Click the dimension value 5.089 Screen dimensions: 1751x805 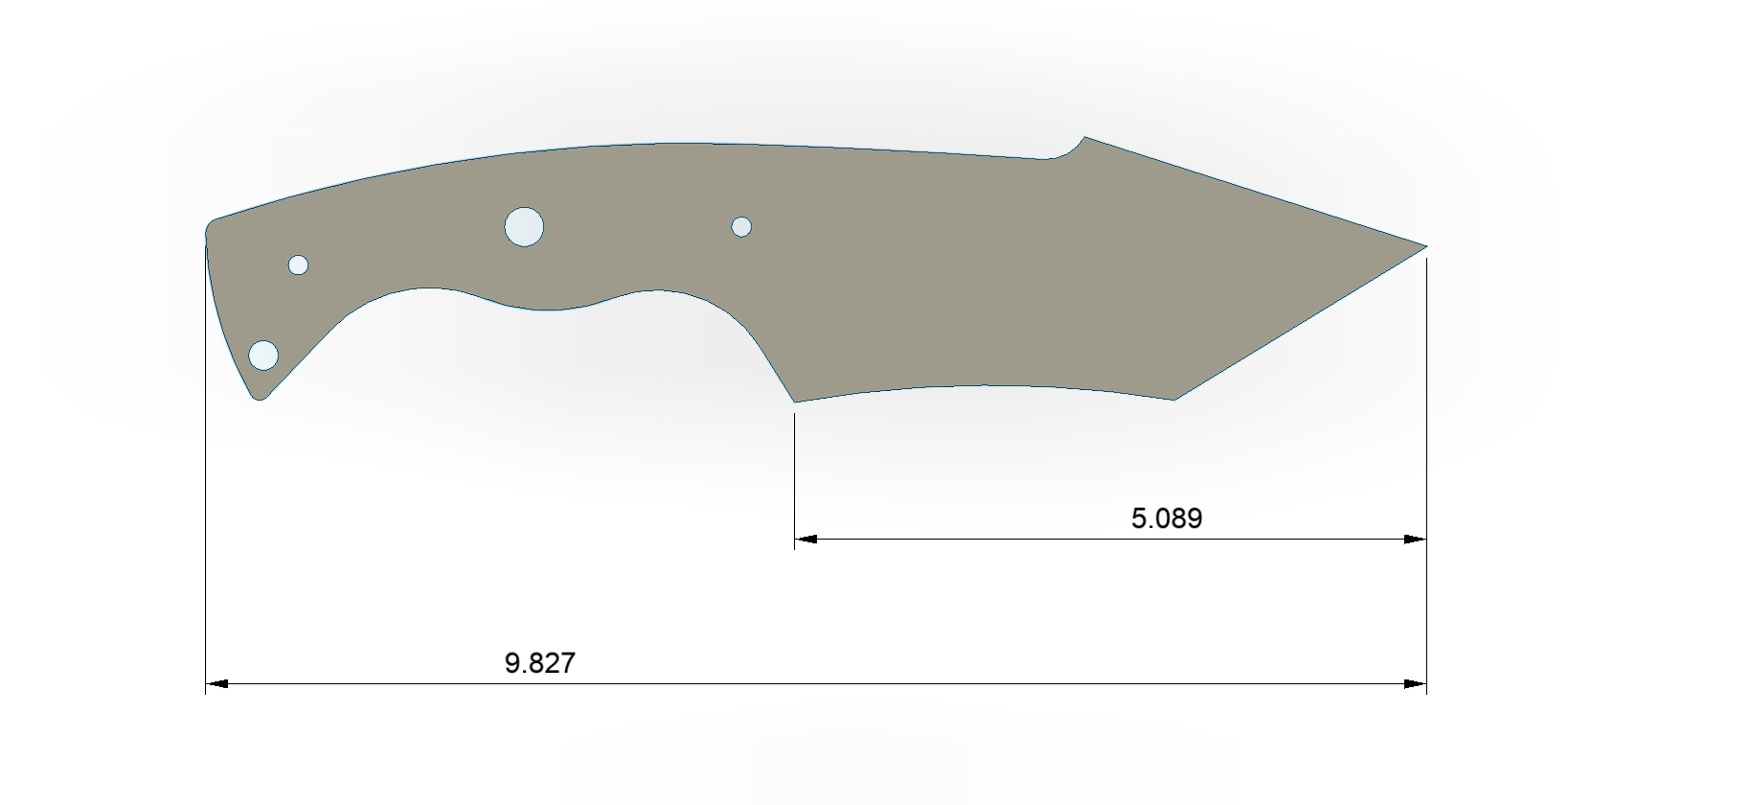(1167, 518)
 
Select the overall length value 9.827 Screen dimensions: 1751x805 (540, 663)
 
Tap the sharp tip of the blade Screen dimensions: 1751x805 (1426, 246)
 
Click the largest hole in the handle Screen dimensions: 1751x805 (524, 227)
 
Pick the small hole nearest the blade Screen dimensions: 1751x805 (741, 227)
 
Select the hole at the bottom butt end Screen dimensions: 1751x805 (263, 356)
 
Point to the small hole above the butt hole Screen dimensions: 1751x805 (298, 264)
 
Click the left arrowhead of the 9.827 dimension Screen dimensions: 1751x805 (216, 684)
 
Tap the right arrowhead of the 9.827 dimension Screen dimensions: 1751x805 (1416, 684)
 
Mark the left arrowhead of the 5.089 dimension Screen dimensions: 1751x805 (806, 540)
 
